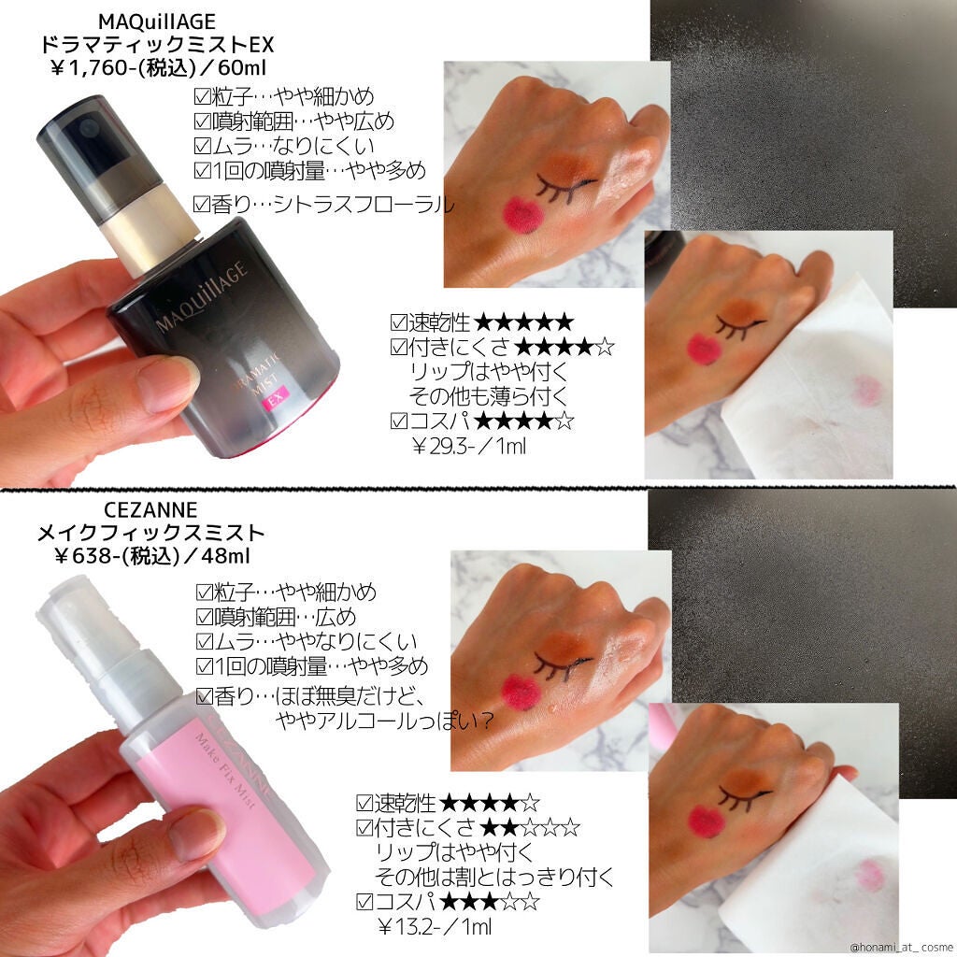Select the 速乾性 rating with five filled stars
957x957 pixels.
pyautogui.click(x=481, y=323)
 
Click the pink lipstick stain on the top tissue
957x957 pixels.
pyautogui.click(x=867, y=391)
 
